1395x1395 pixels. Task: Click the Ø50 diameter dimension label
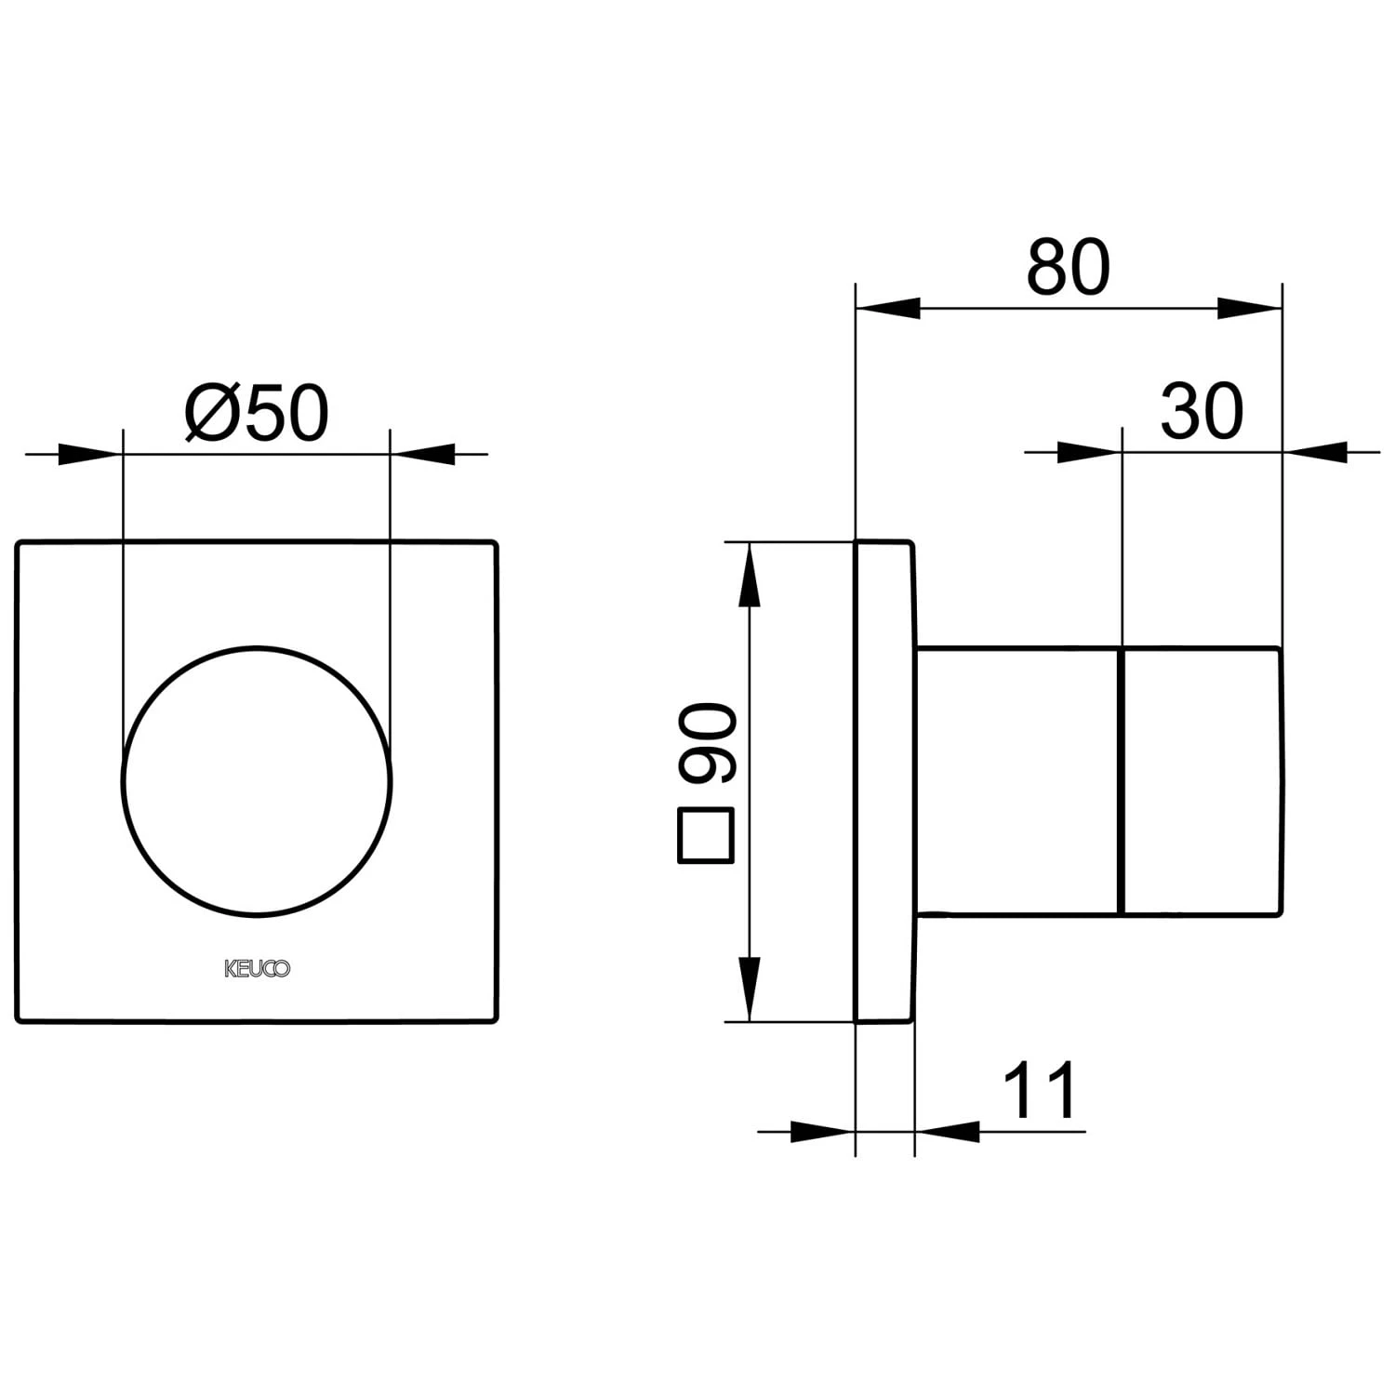pyautogui.click(x=257, y=413)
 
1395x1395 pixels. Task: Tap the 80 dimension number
pyautogui.click(x=1069, y=267)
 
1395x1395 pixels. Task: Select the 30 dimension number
pyautogui.click(x=1202, y=411)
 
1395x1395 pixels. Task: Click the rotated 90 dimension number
pyautogui.click(x=708, y=743)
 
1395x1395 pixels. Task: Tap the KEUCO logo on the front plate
pyautogui.click(x=258, y=969)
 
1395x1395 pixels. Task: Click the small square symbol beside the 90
pyautogui.click(x=708, y=836)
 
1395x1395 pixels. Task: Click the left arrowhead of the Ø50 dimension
pyautogui.click(x=90, y=454)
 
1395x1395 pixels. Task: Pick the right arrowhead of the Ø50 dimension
pyautogui.click(x=422, y=454)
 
